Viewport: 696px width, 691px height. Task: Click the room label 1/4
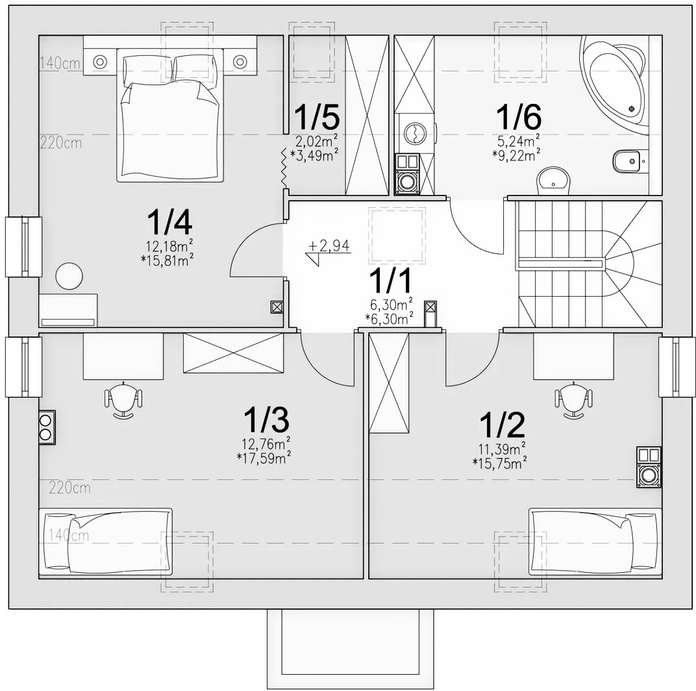[169, 222]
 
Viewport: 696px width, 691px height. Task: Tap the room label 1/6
[519, 116]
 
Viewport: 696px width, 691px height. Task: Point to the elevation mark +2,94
[329, 245]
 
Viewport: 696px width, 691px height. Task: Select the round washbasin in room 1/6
[553, 181]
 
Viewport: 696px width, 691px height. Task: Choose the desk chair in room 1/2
[573, 399]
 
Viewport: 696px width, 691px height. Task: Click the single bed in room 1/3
[105, 543]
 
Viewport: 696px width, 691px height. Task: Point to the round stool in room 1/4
[69, 276]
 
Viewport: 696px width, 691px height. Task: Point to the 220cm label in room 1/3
[69, 488]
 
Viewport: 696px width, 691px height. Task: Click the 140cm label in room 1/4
[60, 63]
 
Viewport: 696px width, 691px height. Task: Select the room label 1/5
[317, 116]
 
